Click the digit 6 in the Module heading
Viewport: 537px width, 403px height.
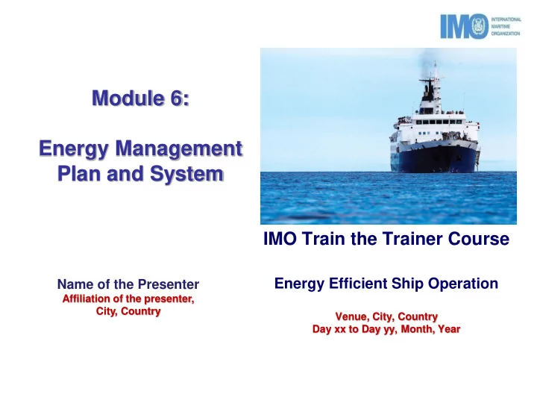[176, 98]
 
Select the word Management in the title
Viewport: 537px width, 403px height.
[179, 149]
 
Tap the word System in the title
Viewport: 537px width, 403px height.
[186, 174]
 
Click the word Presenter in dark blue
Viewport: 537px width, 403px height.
[168, 284]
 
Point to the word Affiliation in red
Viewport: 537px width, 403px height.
[86, 299]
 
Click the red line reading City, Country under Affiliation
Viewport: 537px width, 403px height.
[128, 311]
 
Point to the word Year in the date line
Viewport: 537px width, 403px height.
[449, 329]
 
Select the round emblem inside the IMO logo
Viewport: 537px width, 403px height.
[480, 26]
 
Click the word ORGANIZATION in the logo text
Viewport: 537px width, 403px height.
[506, 34]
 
